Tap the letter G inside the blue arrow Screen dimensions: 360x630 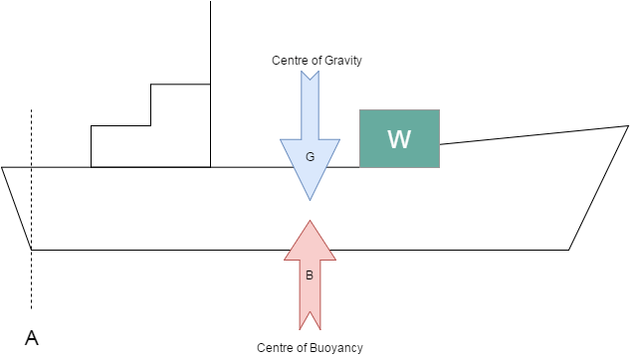click(x=309, y=157)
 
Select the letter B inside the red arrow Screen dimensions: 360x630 click(x=309, y=275)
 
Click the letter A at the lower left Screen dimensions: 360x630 click(x=32, y=338)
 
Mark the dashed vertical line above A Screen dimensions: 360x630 click(x=32, y=199)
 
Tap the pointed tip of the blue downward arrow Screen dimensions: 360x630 click(x=310, y=200)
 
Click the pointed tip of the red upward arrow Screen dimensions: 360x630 click(x=310, y=221)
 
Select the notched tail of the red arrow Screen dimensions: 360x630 click(x=310, y=323)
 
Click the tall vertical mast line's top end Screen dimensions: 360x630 click(x=210, y=3)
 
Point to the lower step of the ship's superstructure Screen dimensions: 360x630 click(x=120, y=146)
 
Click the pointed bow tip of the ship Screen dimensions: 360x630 click(x=628, y=126)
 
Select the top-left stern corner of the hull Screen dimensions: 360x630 click(x=3, y=167)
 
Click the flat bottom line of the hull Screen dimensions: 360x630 click(x=299, y=249)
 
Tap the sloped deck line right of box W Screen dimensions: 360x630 click(x=533, y=135)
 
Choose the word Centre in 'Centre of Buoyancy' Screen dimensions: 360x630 click(x=274, y=347)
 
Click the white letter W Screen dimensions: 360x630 click(x=399, y=138)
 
